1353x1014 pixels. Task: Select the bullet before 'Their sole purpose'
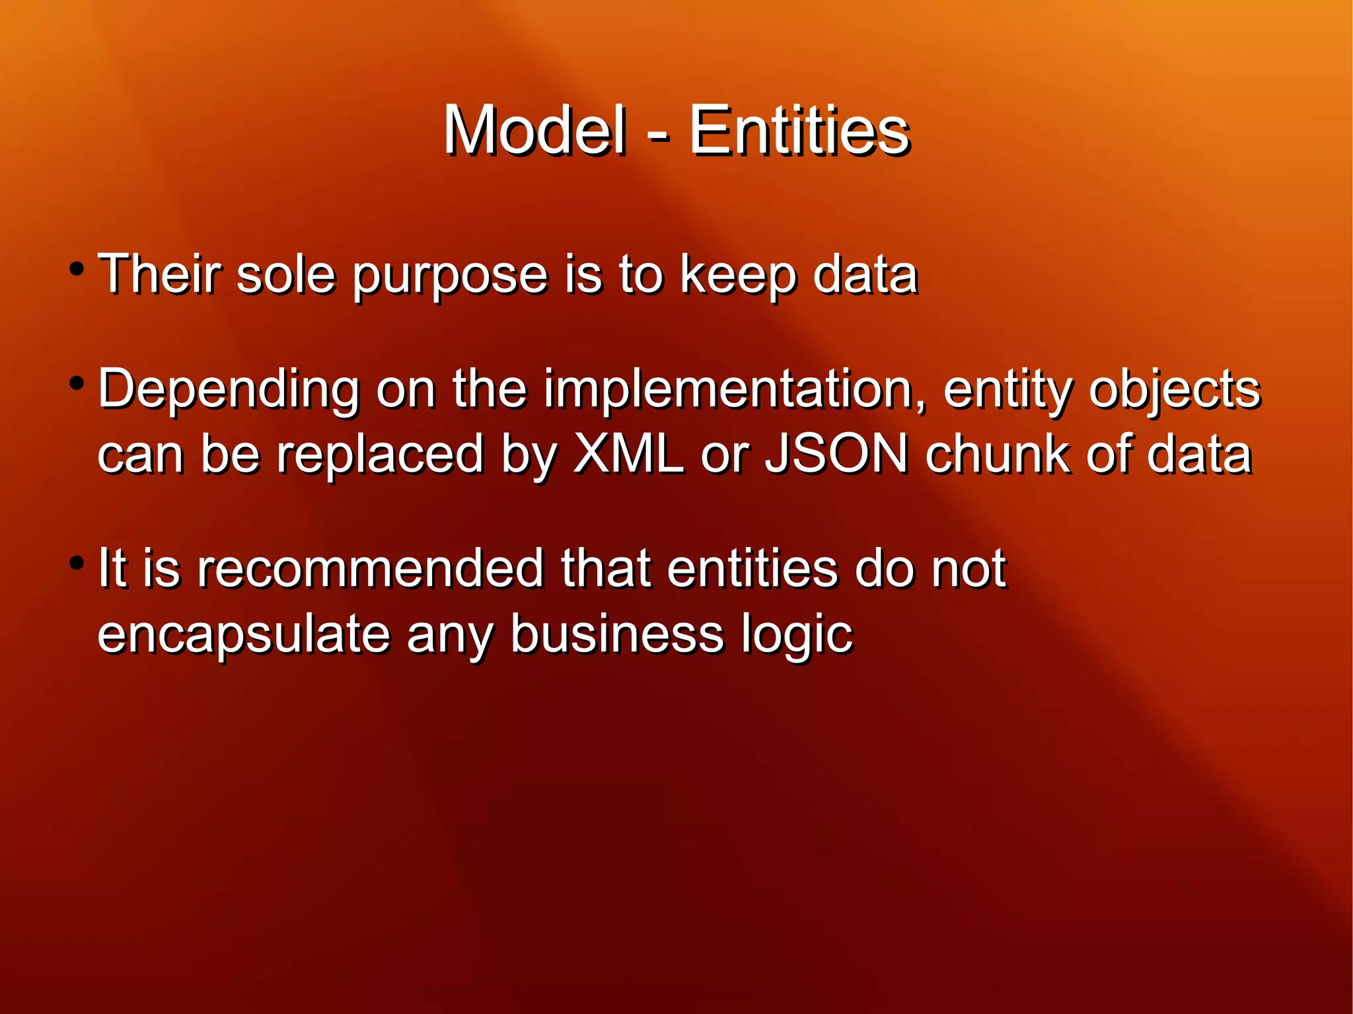[77, 270]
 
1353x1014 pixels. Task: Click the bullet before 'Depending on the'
[77, 384]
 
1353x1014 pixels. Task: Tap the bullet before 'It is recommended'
[77, 563]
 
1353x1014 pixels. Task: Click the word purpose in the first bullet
[449, 276]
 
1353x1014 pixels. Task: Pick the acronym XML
[628, 454]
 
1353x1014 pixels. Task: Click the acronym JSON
[836, 454]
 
